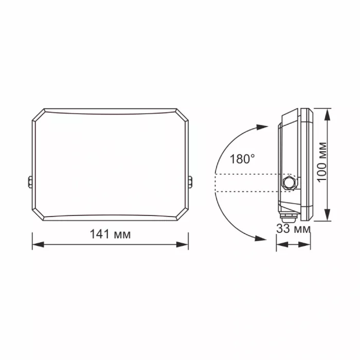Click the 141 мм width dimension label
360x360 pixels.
coord(110,235)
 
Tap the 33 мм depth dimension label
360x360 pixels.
coord(293,229)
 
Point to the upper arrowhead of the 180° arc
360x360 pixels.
coord(262,126)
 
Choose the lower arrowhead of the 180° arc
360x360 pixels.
coord(262,238)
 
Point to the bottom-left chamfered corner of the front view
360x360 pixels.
coord(39,215)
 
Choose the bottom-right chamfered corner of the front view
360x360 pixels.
coord(183,215)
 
